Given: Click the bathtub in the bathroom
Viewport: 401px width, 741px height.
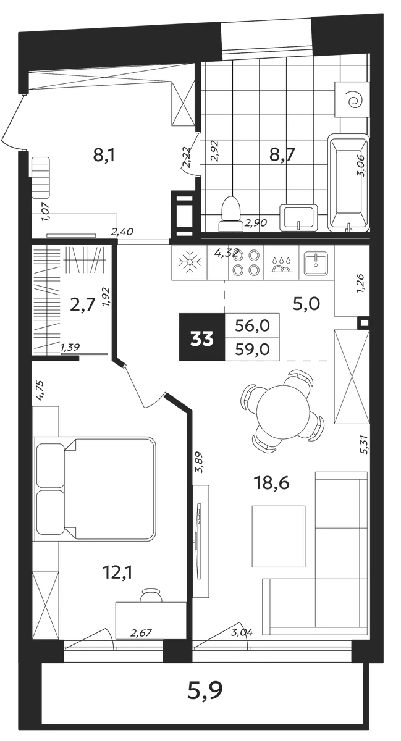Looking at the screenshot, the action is [348, 182].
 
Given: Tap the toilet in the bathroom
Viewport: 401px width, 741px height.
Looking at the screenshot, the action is [231, 214].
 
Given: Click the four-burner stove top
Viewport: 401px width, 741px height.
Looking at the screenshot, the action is [246, 262].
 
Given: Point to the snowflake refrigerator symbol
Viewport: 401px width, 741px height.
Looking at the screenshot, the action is [190, 262].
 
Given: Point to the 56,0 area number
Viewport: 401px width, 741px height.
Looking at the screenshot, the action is [252, 326].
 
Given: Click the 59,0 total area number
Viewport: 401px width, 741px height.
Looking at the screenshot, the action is [252, 349].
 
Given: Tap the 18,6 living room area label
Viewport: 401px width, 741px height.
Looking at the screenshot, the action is [271, 483].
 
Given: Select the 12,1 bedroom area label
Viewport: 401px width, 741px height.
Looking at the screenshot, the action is [118, 572].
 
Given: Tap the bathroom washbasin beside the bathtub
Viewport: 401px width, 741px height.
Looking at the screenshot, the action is [298, 217].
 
